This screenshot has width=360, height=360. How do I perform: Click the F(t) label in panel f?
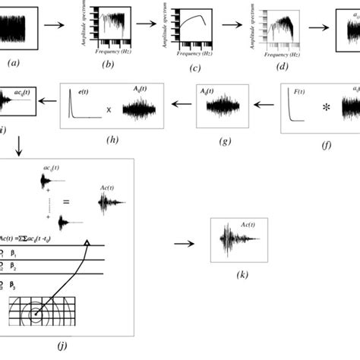tap(298, 92)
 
